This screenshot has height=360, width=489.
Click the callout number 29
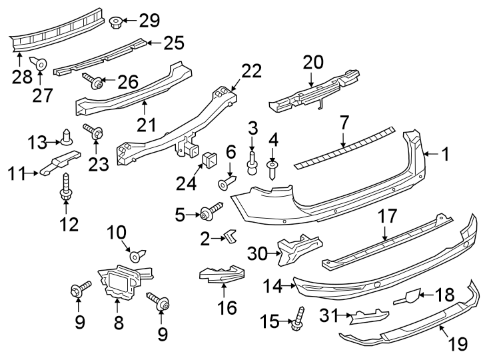149,21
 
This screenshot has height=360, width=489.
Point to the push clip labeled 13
67,137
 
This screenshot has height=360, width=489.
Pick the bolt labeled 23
94,133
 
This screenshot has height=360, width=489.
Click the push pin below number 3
252,163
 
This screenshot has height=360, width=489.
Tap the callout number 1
444,155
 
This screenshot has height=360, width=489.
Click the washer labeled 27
41,64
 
